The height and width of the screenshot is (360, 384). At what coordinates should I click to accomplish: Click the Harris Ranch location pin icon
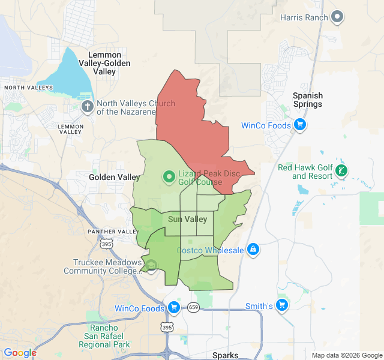click(338, 17)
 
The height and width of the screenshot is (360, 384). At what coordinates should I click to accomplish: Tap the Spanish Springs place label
click(307, 100)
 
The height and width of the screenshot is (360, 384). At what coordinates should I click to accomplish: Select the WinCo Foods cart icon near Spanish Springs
click(300, 125)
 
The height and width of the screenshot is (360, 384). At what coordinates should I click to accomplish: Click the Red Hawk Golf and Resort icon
click(341, 171)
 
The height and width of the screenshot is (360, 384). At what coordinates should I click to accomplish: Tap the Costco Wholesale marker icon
click(253, 249)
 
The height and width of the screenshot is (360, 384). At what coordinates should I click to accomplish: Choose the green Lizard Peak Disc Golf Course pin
click(169, 177)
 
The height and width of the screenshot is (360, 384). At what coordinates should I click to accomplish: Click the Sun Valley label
click(187, 219)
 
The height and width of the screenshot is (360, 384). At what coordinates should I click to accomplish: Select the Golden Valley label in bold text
click(114, 177)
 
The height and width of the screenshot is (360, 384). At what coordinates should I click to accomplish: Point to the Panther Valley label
click(113, 232)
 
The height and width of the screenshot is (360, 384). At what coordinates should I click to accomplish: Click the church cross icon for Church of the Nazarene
click(88, 107)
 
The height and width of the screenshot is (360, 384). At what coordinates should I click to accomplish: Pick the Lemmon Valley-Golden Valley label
click(104, 63)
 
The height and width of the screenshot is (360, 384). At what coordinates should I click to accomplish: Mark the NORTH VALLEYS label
click(28, 88)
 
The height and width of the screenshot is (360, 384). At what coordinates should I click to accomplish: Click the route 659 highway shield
click(193, 307)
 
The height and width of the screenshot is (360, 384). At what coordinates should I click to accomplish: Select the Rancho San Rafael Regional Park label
click(104, 336)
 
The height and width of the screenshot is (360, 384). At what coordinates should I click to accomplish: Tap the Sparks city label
click(225, 355)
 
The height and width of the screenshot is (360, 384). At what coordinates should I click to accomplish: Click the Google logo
click(20, 353)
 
